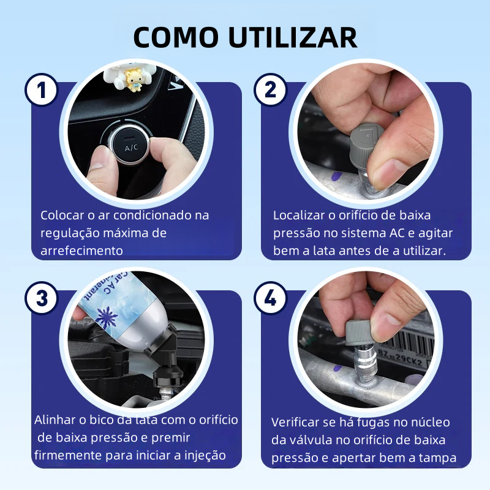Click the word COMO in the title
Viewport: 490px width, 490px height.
pos(176,37)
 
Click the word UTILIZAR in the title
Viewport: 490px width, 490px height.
pos(293,37)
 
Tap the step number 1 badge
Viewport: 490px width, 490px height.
pos(41,90)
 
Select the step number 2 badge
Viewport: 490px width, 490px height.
pos(270,90)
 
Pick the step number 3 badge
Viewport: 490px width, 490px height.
pos(41,298)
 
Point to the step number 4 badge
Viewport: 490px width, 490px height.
pos(270,298)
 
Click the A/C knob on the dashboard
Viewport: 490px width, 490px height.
pos(130,144)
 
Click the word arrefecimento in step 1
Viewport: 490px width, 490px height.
pos(82,251)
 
